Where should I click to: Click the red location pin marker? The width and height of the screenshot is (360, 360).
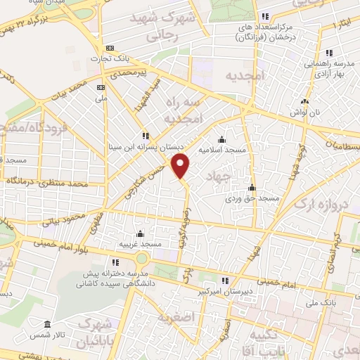tap(181, 167)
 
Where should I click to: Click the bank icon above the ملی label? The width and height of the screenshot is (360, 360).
tap(100, 86)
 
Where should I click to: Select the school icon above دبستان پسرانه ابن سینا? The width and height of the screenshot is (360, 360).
tap(146, 136)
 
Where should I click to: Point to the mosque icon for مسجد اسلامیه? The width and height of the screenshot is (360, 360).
tap(221, 139)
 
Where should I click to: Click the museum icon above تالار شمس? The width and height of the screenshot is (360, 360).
tap(47, 326)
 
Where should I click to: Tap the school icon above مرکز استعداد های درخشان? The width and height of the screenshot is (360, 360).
tap(264, 17)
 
